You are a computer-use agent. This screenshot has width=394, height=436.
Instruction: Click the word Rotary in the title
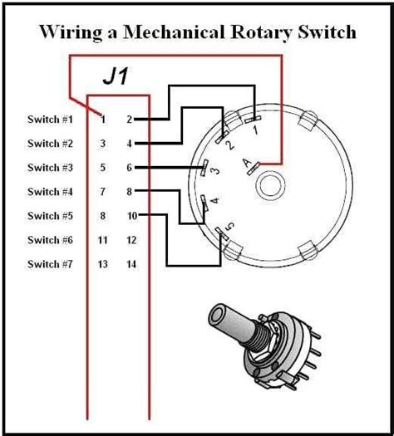(x=261, y=32)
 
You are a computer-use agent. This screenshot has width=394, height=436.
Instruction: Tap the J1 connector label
(x=116, y=76)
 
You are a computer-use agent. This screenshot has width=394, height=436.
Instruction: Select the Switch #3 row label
(x=50, y=168)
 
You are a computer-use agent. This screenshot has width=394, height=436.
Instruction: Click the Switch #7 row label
(x=50, y=264)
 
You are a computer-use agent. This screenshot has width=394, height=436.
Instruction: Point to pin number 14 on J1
(x=131, y=264)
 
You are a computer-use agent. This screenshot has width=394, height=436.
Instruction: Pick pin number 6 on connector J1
(x=130, y=168)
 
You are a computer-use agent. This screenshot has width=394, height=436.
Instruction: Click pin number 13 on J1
(x=103, y=264)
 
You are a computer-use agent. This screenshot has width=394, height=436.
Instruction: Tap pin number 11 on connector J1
(x=103, y=240)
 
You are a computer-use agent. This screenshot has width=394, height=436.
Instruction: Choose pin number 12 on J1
(x=131, y=240)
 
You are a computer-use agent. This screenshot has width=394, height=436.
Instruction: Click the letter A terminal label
(x=247, y=164)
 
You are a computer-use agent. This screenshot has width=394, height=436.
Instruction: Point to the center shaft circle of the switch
(x=270, y=185)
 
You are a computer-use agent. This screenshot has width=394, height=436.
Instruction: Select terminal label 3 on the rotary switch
(x=215, y=170)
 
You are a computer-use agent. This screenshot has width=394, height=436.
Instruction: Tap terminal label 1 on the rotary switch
(x=256, y=130)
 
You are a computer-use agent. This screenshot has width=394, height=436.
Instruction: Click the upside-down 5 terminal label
(x=229, y=226)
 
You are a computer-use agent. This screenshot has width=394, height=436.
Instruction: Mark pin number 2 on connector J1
(x=130, y=120)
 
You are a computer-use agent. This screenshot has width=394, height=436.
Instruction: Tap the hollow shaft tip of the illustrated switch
(x=217, y=316)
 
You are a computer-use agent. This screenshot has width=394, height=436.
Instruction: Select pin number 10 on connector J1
(x=132, y=216)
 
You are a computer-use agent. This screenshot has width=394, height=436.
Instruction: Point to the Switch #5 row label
(x=50, y=216)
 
